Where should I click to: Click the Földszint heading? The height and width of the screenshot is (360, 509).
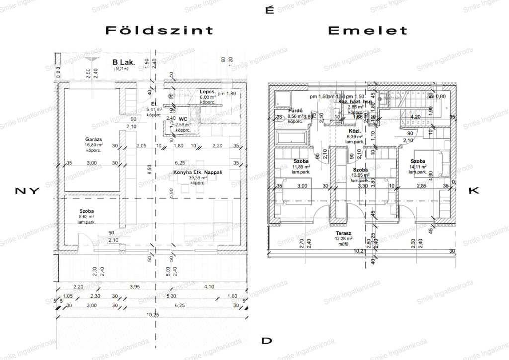160,30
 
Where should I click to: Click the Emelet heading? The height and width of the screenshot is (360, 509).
367,30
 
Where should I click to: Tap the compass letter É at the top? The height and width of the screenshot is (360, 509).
270,10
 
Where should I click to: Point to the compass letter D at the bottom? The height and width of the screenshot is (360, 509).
267,341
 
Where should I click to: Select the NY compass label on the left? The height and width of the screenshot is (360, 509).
27,191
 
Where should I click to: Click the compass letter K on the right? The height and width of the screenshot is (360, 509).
473,191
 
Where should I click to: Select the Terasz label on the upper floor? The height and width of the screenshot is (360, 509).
343,233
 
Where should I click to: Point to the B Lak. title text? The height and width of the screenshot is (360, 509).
124,62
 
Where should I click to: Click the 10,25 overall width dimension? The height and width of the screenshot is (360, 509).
153,315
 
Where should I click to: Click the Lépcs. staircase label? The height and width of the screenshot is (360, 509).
207,92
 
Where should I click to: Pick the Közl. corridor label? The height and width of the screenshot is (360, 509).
354,130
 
